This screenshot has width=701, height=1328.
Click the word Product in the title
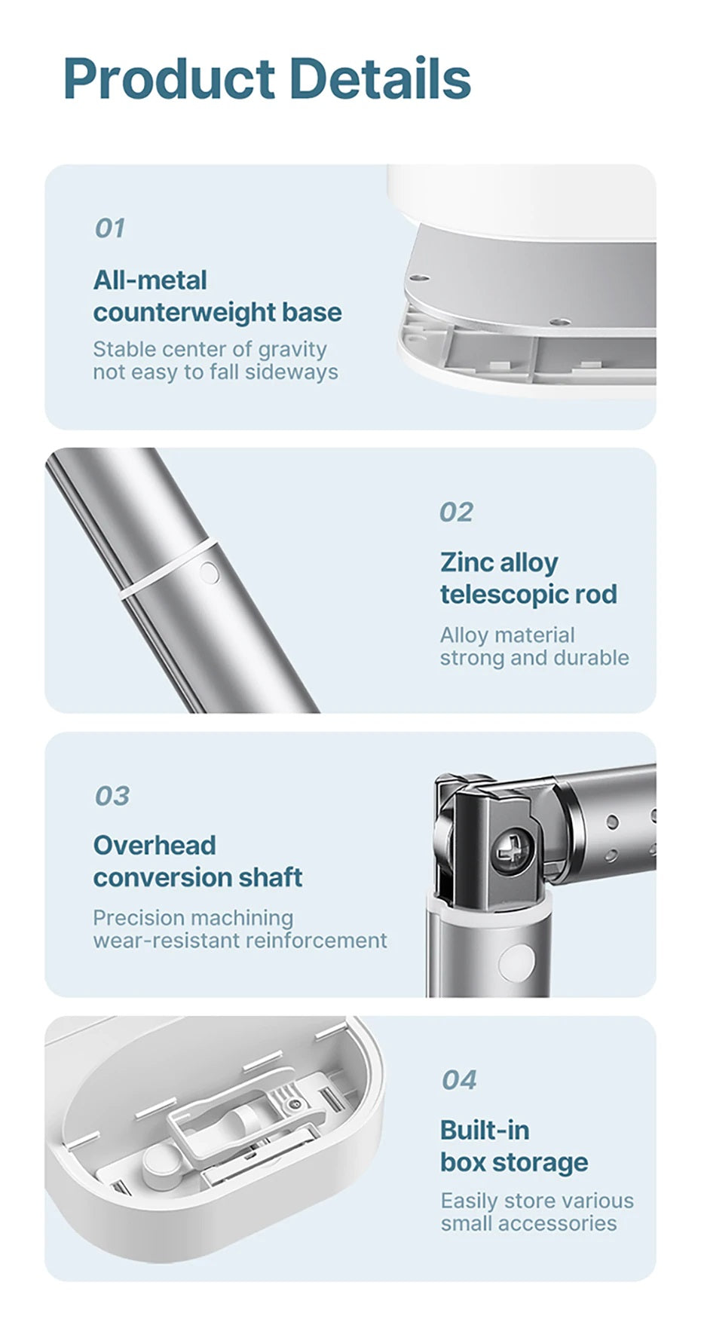pyautogui.click(x=170, y=79)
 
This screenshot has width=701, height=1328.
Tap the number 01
pyautogui.click(x=110, y=228)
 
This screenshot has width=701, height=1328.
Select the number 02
pyautogui.click(x=457, y=512)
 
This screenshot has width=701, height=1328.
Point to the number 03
pyautogui.click(x=112, y=795)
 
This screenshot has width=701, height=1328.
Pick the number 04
pyautogui.click(x=459, y=1079)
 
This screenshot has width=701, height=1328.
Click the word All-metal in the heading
pyautogui.click(x=150, y=280)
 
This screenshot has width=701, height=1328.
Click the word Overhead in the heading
pyautogui.click(x=155, y=845)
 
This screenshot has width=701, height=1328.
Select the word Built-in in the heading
pyautogui.click(x=485, y=1130)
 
